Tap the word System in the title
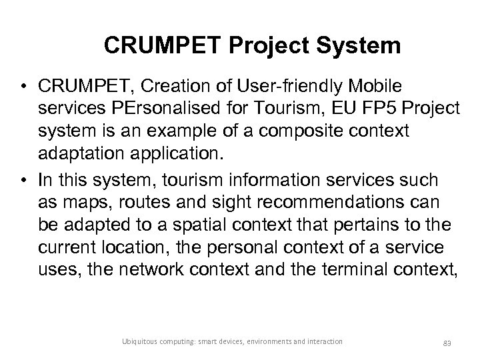point(361,46)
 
